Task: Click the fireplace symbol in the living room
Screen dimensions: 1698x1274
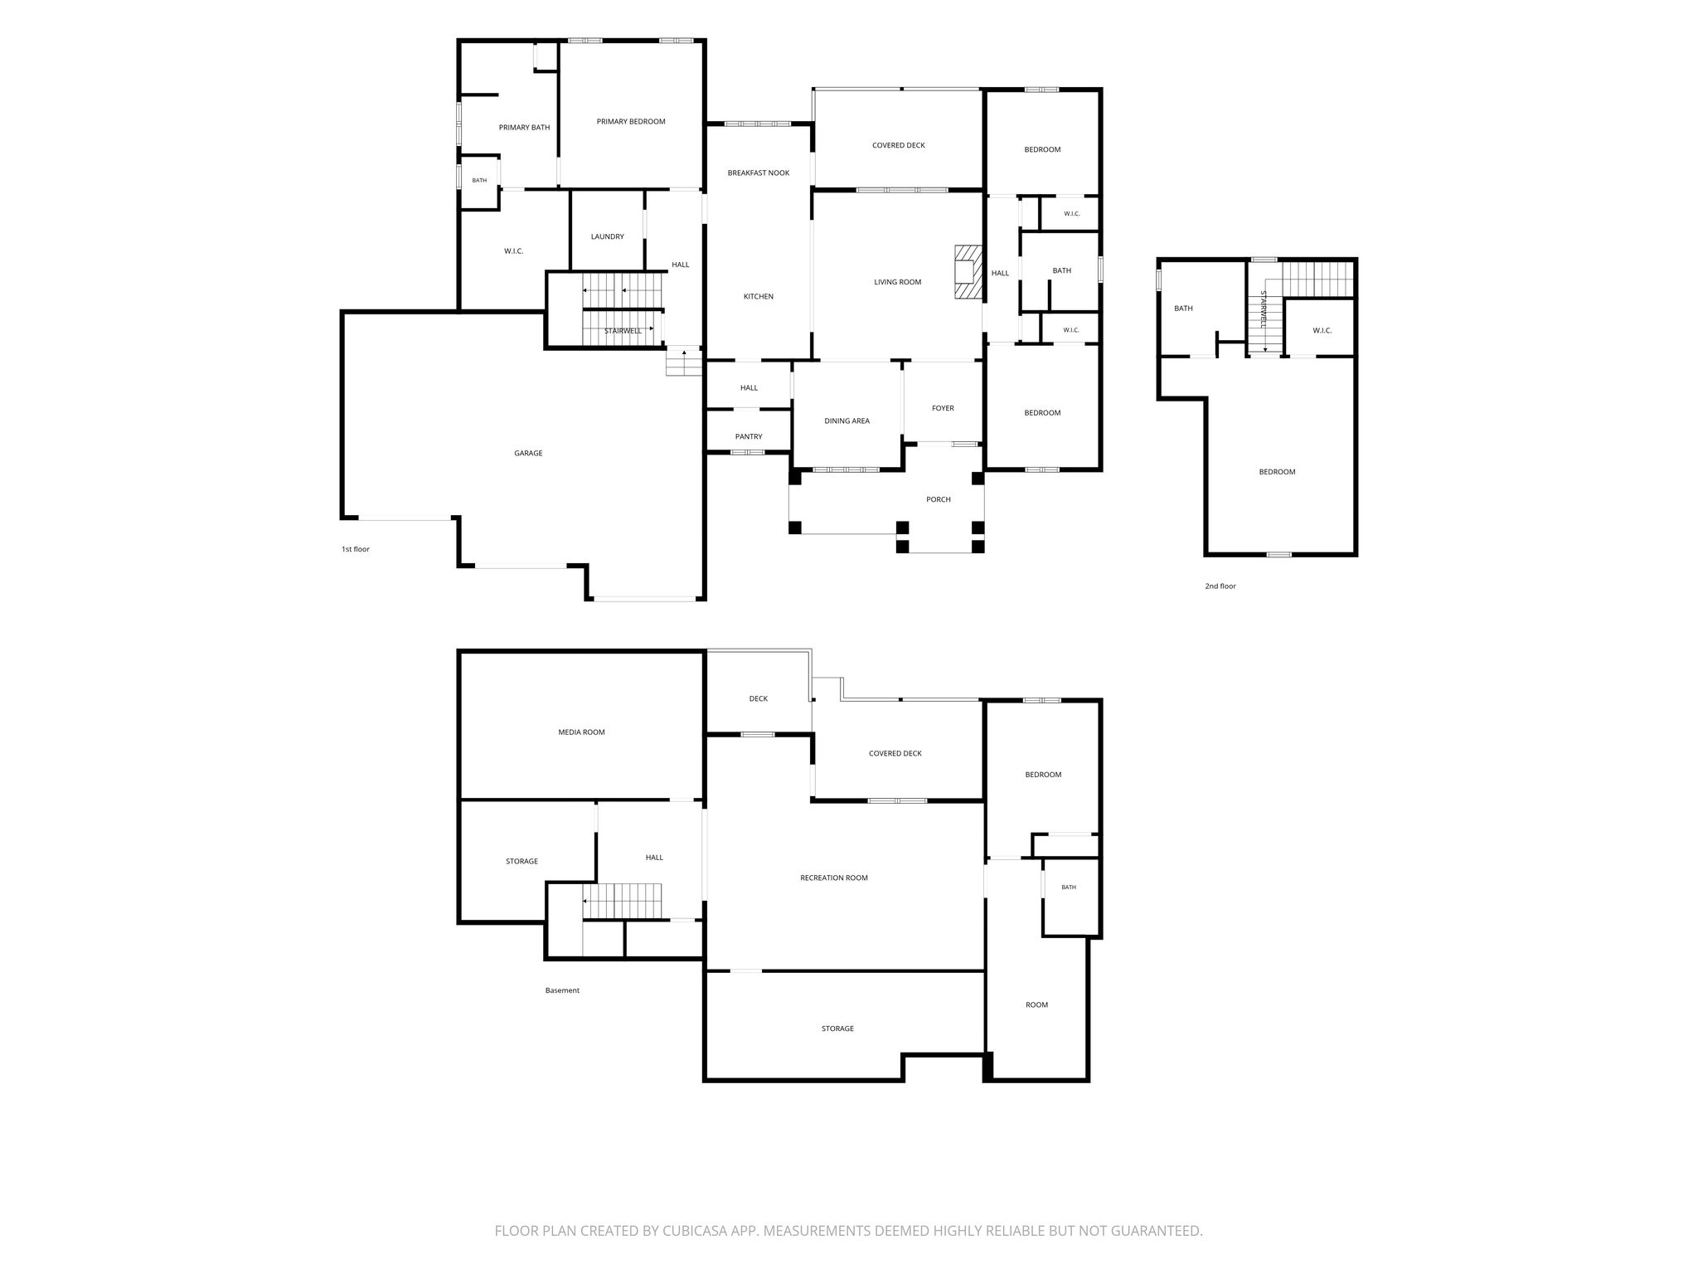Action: click(968, 271)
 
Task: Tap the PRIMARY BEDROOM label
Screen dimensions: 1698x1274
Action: click(631, 122)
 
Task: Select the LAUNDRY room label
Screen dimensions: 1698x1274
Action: click(607, 237)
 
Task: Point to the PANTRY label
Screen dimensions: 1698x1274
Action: click(749, 437)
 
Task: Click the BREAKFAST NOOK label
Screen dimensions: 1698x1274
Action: click(759, 173)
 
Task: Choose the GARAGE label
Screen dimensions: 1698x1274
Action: click(528, 454)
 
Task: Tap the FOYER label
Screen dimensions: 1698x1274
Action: click(943, 409)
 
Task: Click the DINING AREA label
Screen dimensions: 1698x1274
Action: click(847, 421)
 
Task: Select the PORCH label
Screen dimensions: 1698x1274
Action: click(939, 499)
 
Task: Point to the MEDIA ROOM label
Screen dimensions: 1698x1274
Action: click(581, 732)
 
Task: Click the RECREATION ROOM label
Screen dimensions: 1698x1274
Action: click(834, 878)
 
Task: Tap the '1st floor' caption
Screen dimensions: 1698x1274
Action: click(356, 549)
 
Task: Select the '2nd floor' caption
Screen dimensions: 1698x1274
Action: click(1220, 586)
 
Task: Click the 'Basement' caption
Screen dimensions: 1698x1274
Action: click(562, 990)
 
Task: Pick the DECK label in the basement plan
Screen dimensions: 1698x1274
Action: click(759, 699)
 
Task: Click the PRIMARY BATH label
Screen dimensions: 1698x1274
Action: click(524, 128)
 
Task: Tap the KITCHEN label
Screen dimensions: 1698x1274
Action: click(759, 297)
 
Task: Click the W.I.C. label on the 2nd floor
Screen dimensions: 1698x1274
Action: click(1322, 331)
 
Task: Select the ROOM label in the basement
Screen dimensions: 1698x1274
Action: click(1036, 1005)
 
